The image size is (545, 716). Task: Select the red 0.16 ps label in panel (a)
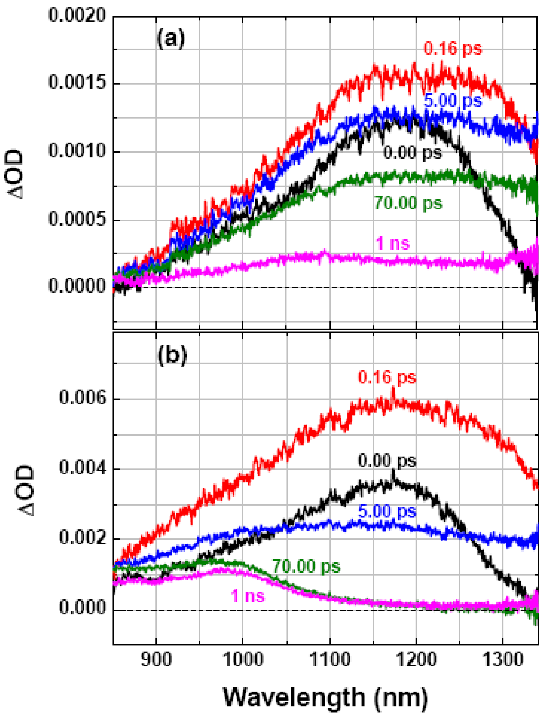[x=453, y=49]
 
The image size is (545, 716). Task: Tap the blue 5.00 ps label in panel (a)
[x=453, y=101]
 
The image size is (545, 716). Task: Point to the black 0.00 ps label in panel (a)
[x=412, y=152]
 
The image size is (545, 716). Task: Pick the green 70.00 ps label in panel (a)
[x=408, y=203]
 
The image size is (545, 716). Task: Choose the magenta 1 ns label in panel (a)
[x=393, y=243]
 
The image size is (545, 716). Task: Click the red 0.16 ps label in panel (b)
[x=387, y=377]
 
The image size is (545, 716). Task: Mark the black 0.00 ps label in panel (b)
[x=387, y=461]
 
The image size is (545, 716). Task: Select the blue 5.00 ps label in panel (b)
[x=387, y=511]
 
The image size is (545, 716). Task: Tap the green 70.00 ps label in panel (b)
[x=306, y=566]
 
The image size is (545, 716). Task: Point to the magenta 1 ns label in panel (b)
[x=248, y=596]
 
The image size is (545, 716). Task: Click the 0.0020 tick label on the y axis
[x=77, y=15]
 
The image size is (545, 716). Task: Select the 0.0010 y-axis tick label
[x=77, y=151]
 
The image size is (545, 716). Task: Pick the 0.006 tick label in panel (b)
[x=82, y=398]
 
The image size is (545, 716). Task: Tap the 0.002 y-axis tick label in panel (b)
[x=82, y=539]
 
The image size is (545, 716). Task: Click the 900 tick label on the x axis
[x=156, y=660]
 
